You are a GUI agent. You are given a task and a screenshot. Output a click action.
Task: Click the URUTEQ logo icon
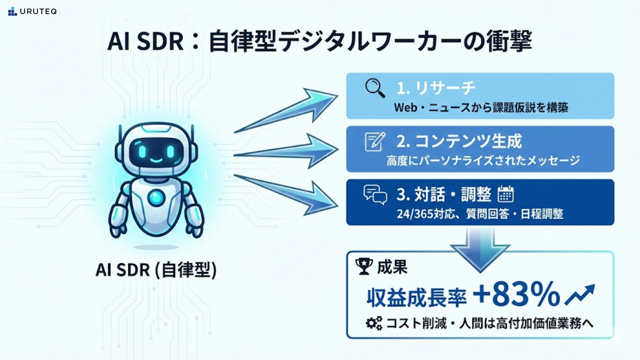pyautogui.click(x=12, y=12)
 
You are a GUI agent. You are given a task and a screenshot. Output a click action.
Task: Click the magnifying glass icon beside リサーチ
pyautogui.click(x=375, y=88)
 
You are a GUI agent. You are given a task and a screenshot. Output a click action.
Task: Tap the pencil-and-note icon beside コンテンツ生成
pyautogui.click(x=375, y=142)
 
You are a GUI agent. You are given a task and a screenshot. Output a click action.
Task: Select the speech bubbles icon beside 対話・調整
pyautogui.click(x=375, y=195)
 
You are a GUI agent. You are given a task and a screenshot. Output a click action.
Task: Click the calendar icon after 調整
pyautogui.click(x=505, y=194)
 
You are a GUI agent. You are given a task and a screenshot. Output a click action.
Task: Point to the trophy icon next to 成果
pyautogui.click(x=364, y=267)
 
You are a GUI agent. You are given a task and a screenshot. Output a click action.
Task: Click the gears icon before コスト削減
pyautogui.click(x=374, y=323)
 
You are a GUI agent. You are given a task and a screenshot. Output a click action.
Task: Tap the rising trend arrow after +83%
pyautogui.click(x=580, y=295)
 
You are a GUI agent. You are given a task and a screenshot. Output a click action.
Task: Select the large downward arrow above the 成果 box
pyautogui.click(x=480, y=250)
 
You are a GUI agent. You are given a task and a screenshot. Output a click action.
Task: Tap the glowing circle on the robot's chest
pyautogui.click(x=156, y=198)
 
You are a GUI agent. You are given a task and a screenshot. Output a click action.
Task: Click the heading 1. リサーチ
pyautogui.click(x=436, y=88)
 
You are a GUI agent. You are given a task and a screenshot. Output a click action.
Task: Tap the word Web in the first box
pyautogui.click(x=405, y=108)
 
